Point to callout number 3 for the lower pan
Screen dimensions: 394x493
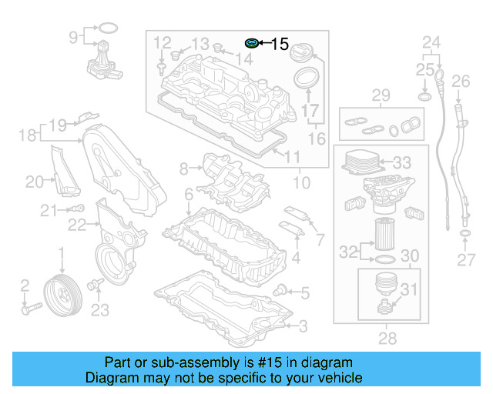(x=303, y=326)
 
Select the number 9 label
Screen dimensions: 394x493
(x=74, y=36)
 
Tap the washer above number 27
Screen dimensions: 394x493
(x=466, y=233)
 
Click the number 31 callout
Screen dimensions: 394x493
(x=408, y=289)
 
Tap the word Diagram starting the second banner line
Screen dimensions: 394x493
(x=112, y=378)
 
